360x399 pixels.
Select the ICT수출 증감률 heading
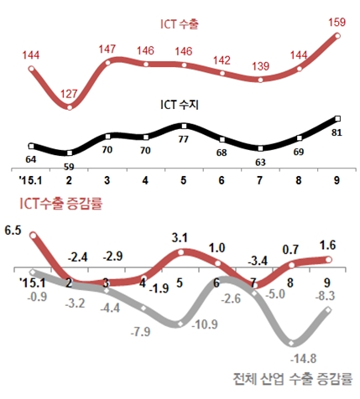58,201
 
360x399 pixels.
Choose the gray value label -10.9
203,325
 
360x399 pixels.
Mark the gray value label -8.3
329,295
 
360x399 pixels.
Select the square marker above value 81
337,119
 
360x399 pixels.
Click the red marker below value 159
338,36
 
